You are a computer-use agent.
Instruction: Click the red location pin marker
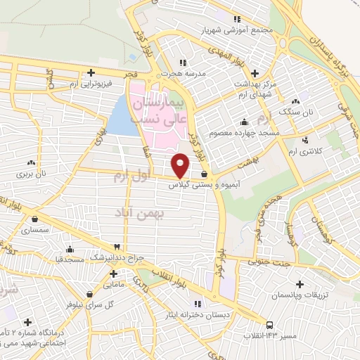click(181, 165)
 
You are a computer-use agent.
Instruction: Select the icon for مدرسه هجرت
click(184, 63)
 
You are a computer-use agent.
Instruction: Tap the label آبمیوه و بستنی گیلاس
click(195, 186)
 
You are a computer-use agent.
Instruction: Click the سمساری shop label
click(32, 230)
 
